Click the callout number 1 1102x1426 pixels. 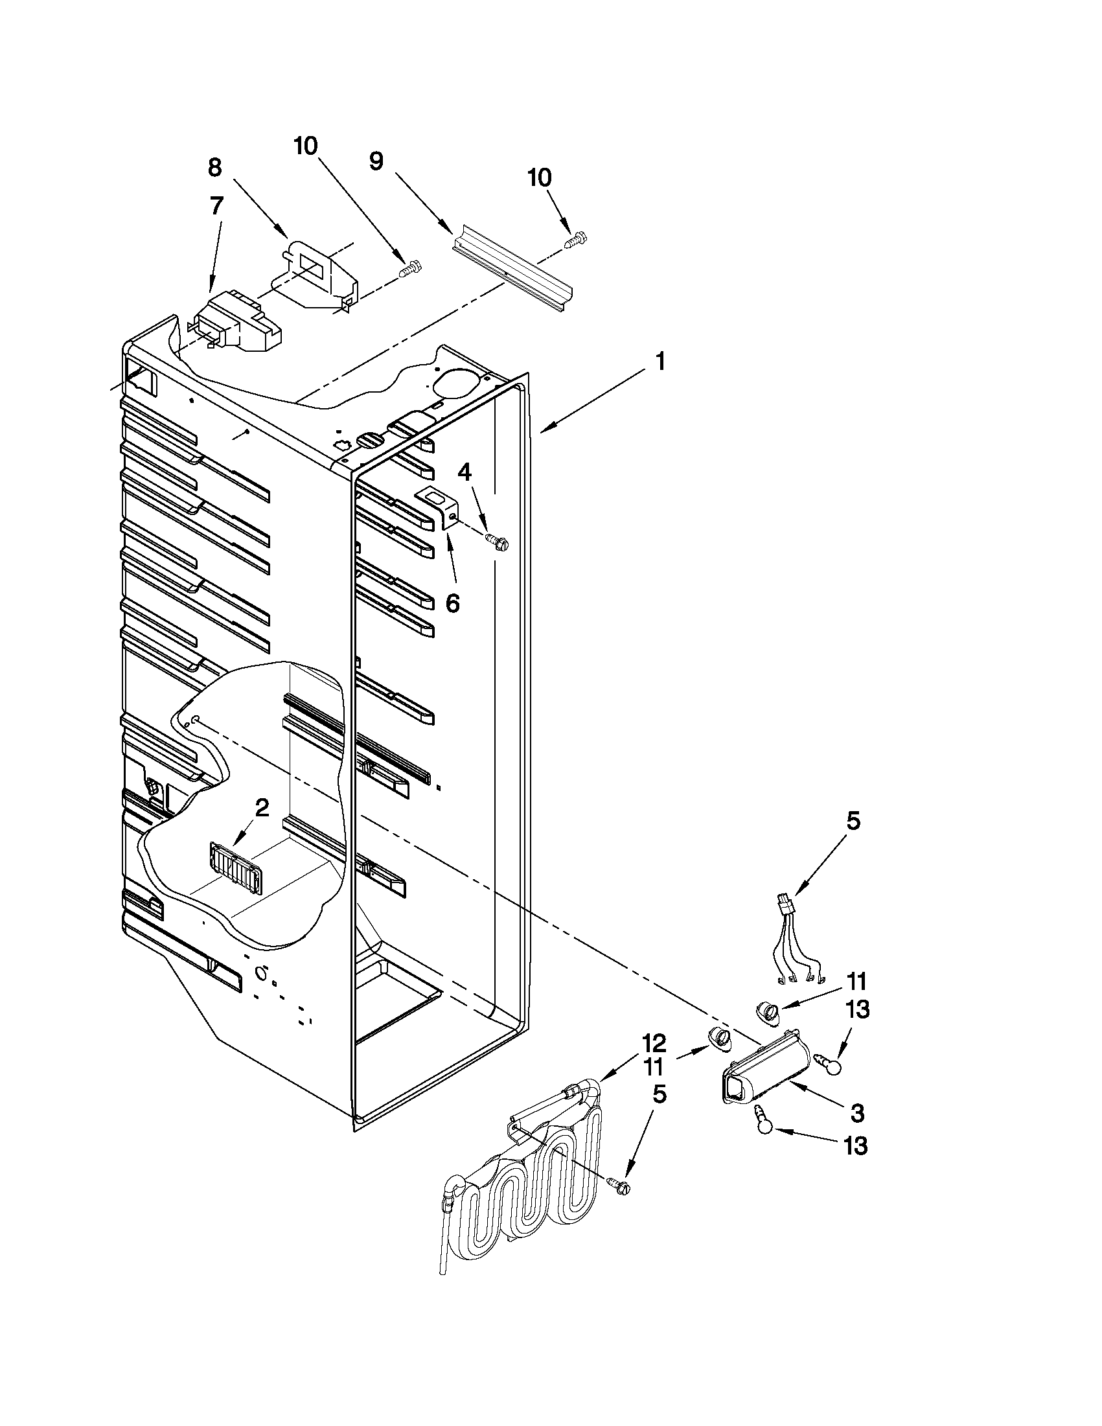[x=660, y=362]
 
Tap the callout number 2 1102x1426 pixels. [x=261, y=809]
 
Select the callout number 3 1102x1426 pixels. [x=857, y=1112]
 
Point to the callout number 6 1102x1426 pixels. [x=452, y=603]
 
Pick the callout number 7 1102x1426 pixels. [x=216, y=206]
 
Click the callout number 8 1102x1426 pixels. [x=215, y=168]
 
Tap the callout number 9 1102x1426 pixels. [x=376, y=161]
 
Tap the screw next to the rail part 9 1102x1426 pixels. [x=575, y=240]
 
